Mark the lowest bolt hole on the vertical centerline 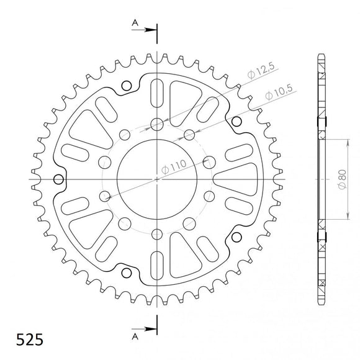pyautogui.click(x=157, y=235)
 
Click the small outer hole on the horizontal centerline pyautogui.click(x=59, y=180)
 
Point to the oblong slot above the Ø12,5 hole pyautogui.click(x=157, y=90)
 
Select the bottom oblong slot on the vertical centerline pyautogui.click(x=157, y=268)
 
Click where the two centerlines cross pyautogui.click(x=157, y=179)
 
